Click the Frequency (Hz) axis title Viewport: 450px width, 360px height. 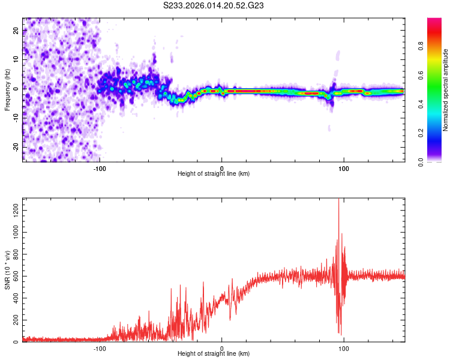click(7, 90)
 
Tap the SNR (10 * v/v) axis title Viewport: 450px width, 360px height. click(7, 270)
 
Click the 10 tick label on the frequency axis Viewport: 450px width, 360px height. click(17, 60)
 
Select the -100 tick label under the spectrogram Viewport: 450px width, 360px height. click(100, 167)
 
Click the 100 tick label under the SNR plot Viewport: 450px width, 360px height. click(344, 347)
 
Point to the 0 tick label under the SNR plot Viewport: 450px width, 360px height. click(222, 347)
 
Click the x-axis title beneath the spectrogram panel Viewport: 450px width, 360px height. click(214, 174)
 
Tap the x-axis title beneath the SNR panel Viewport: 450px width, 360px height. click(214, 354)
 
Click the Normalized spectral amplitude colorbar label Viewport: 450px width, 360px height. click(446, 90)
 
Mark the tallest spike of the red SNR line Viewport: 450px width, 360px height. click(339, 200)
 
